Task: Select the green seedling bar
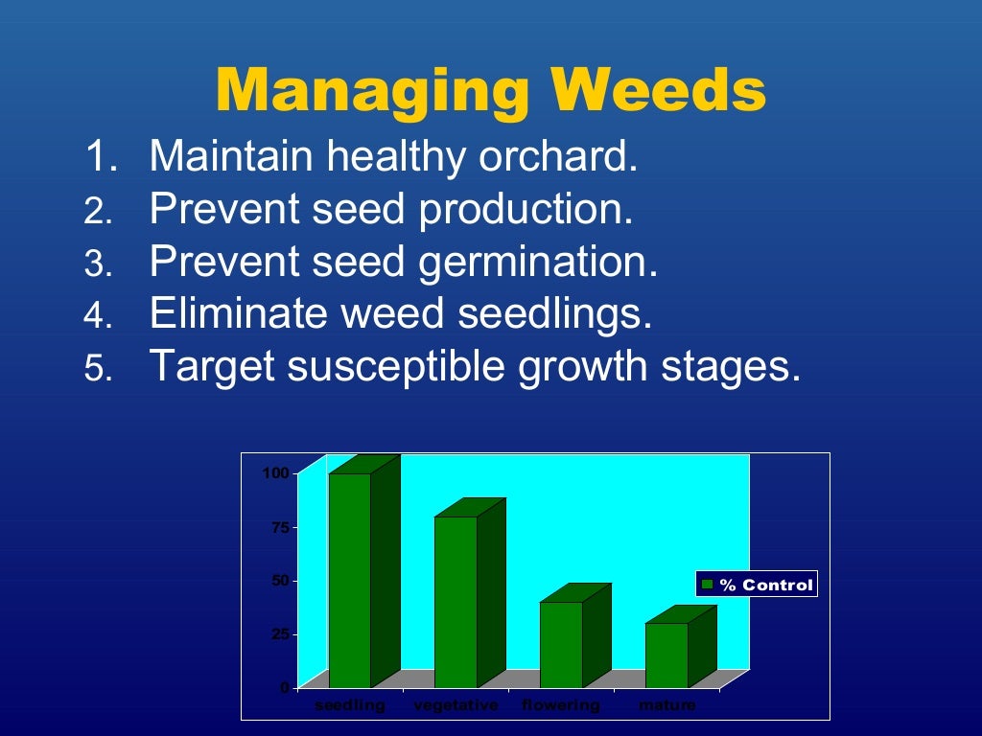(x=350, y=580)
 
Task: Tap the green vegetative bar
(x=456, y=602)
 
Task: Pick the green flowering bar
(x=561, y=644)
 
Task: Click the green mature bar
(x=666, y=655)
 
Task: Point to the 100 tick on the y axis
(x=276, y=472)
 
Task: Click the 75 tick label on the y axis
(x=279, y=526)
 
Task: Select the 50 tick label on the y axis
(x=279, y=580)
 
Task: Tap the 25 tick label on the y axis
(x=279, y=633)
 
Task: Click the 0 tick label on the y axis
(x=284, y=687)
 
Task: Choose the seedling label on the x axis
(x=350, y=705)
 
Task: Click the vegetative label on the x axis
(x=456, y=705)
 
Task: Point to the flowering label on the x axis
(x=561, y=705)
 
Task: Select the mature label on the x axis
(x=666, y=705)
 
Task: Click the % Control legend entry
(x=757, y=585)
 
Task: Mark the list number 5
(x=99, y=368)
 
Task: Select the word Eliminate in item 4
(x=229, y=313)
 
